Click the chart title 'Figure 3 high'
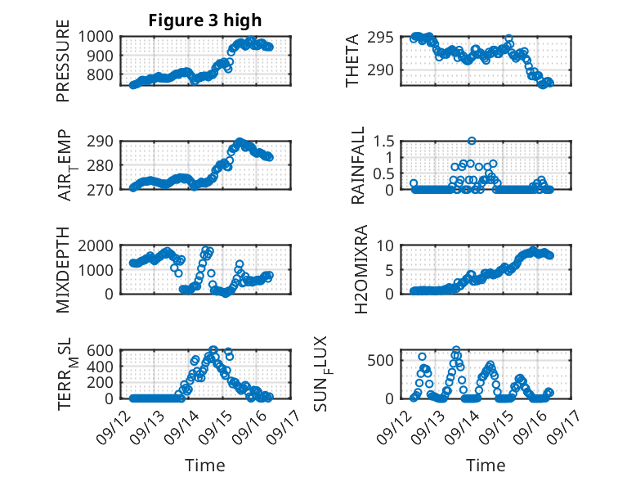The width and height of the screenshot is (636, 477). pos(205,20)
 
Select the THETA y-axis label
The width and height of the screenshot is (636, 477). pos(352,61)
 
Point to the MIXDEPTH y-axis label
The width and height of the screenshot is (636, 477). pos(63,269)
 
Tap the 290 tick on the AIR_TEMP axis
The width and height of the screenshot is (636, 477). pos(104,141)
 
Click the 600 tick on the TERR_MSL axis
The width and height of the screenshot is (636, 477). pos(104,349)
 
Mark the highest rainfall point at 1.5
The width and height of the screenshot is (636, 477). pos(472,141)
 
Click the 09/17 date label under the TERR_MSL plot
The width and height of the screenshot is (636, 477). pos(289,424)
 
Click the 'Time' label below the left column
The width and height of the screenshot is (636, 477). pos(205,465)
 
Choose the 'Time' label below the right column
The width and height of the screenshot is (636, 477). pos(486,465)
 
